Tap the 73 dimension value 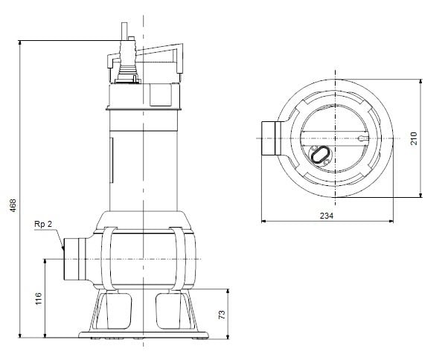(x=221, y=315)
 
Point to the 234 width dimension (x=326, y=215)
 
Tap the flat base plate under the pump (x=142, y=333)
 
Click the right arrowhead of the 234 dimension (x=392, y=221)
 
